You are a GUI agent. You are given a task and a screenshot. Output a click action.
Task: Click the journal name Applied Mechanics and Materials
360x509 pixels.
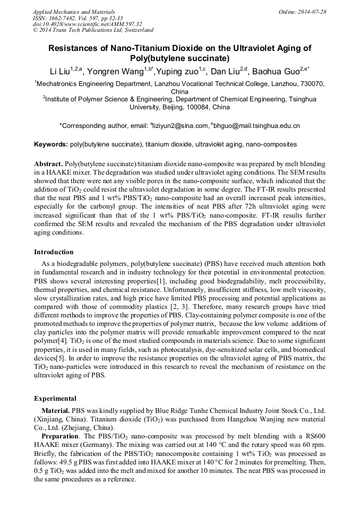pyautogui.click(x=74, y=12)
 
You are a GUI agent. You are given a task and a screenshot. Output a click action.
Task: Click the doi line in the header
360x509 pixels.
pyautogui.click(x=87, y=24)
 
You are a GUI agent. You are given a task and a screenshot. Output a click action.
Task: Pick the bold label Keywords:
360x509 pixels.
pyautogui.click(x=50, y=144)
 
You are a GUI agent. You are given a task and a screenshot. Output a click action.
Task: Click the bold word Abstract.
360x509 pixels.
pyautogui.click(x=48, y=165)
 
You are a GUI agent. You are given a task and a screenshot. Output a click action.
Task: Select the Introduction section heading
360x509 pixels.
pyautogui.click(x=54, y=252)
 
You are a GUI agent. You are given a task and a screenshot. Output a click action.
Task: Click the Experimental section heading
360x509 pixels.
pyautogui.click(x=55, y=399)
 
